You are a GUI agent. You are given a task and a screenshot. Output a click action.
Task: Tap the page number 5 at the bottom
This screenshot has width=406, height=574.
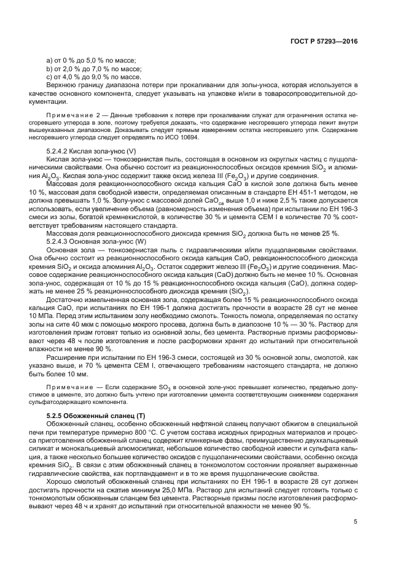(355, 522)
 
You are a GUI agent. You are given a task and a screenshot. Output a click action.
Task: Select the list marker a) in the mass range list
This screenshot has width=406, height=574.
(50, 60)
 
